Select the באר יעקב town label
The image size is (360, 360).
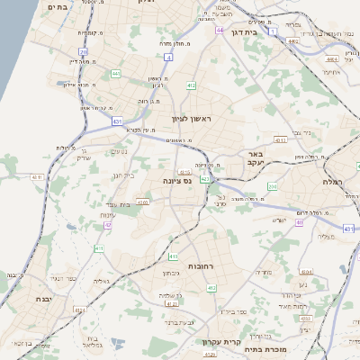(257, 160)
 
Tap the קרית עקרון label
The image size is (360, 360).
(220, 341)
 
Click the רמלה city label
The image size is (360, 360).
(345, 182)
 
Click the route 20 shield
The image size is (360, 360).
(83, 52)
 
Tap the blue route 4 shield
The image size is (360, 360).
(168, 56)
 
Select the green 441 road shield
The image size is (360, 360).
(115, 72)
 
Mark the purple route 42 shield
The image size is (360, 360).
(108, 224)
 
